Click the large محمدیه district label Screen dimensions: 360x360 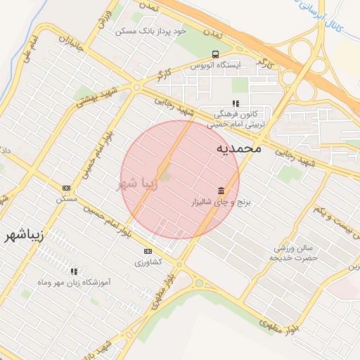pyautogui.click(x=238, y=148)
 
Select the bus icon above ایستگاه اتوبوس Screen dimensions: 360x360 pyautogui.click(x=214, y=54)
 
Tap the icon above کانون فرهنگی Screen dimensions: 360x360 pyautogui.click(x=236, y=103)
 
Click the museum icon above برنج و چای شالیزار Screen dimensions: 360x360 pyautogui.click(x=221, y=191)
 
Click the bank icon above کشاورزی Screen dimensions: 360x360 pyautogui.click(x=148, y=251)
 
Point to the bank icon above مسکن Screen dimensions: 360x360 pyautogui.click(x=67, y=188)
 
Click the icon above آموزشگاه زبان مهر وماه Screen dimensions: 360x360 pyautogui.click(x=73, y=271)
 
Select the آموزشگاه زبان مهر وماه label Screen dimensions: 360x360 pyautogui.click(x=73, y=282)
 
